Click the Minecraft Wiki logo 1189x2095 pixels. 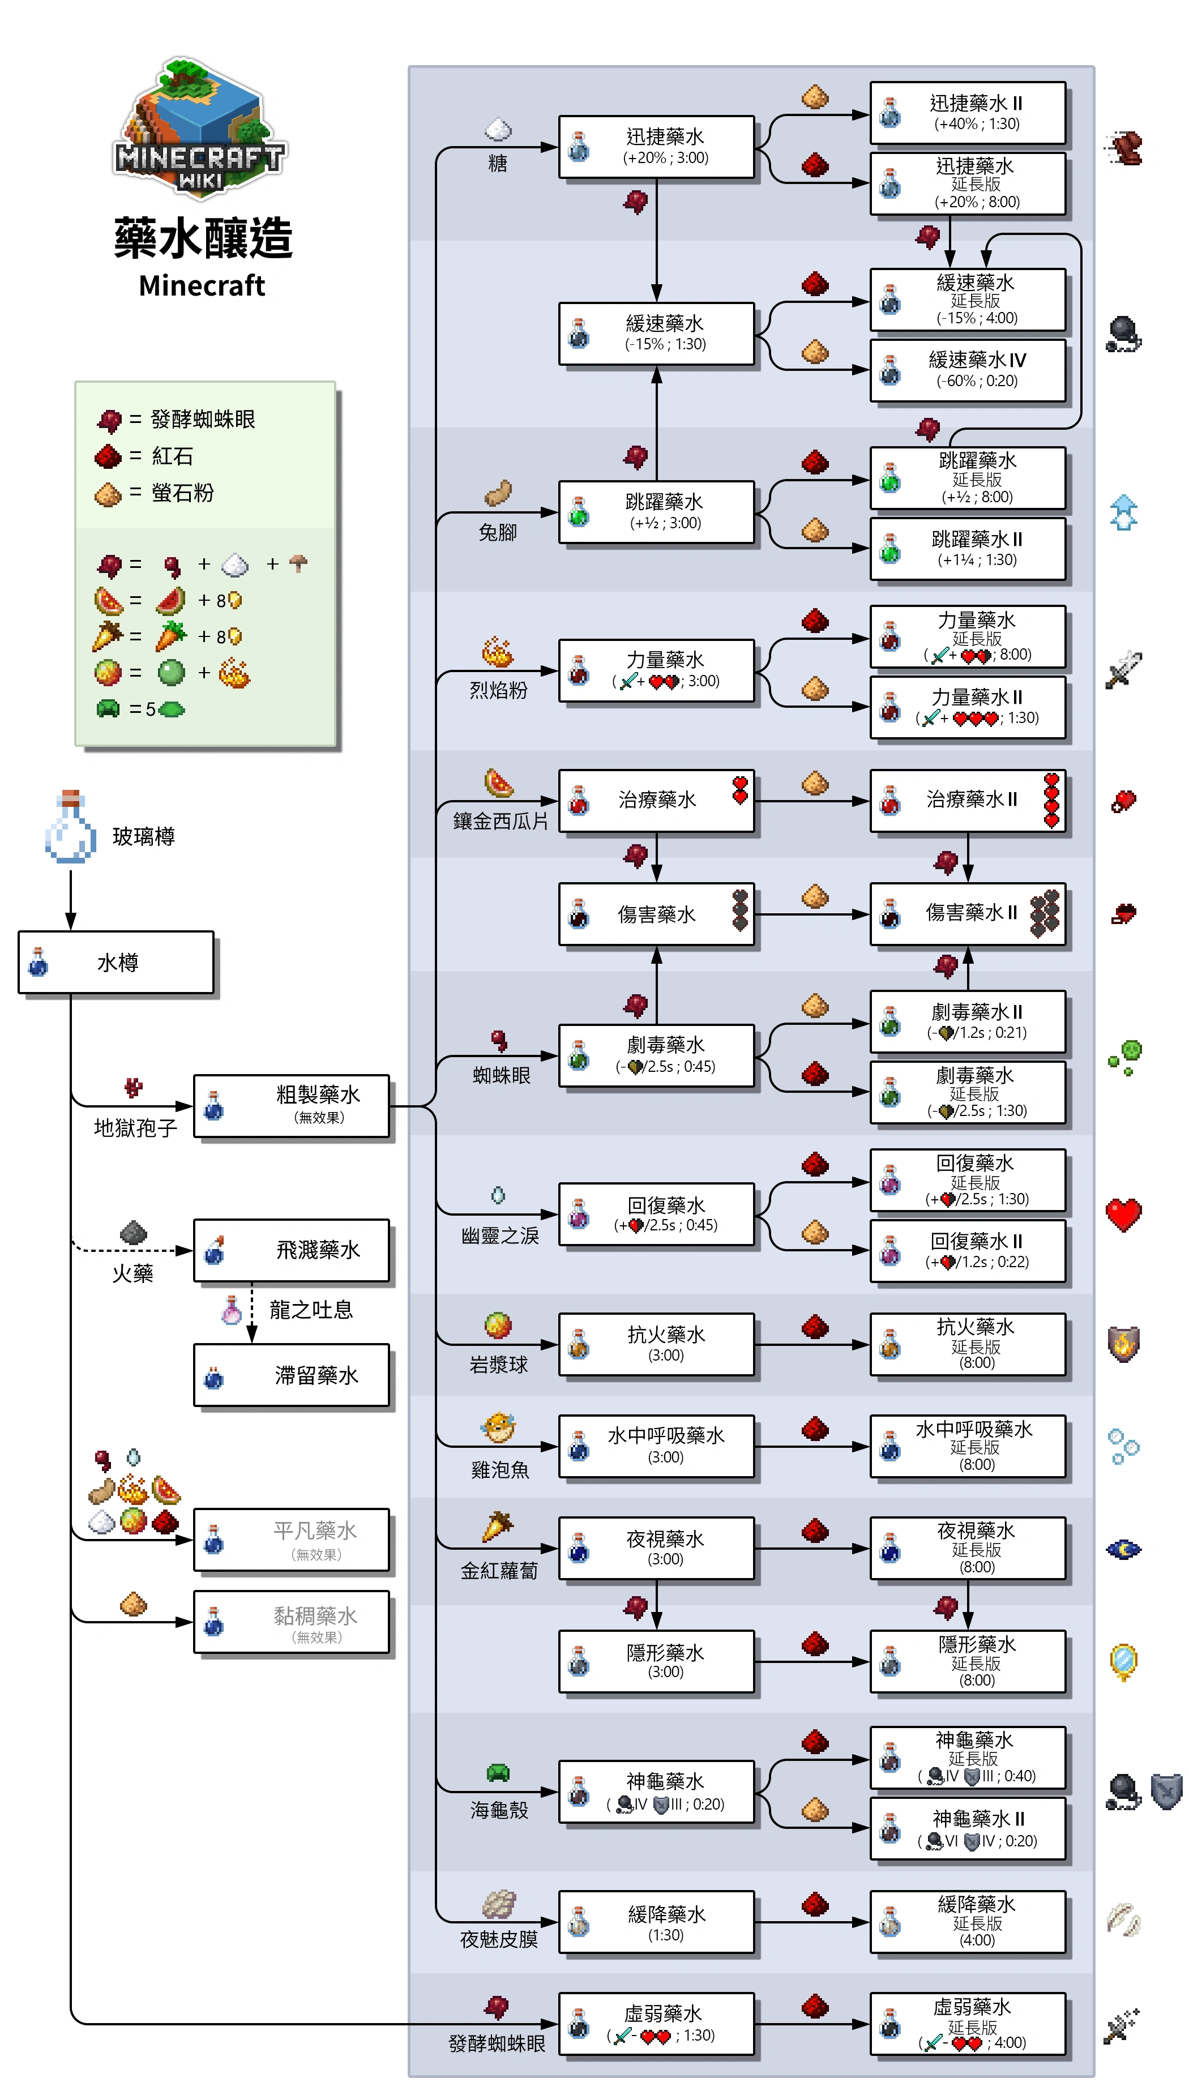[x=200, y=126]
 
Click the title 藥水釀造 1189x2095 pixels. [x=203, y=239]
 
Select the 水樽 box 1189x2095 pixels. [x=116, y=963]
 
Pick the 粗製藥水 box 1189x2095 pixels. [x=292, y=1105]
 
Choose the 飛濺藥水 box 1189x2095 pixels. [x=292, y=1250]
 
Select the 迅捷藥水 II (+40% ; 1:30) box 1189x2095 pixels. [x=968, y=113]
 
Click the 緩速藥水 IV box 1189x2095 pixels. [x=968, y=370]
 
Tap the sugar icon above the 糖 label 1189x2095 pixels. [x=498, y=129]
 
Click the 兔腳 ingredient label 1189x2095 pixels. [x=497, y=532]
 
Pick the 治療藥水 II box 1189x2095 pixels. [x=968, y=800]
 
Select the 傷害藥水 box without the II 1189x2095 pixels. [x=656, y=914]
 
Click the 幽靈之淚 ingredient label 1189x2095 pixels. [x=500, y=1235]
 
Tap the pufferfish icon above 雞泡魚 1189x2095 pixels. [x=498, y=1427]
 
